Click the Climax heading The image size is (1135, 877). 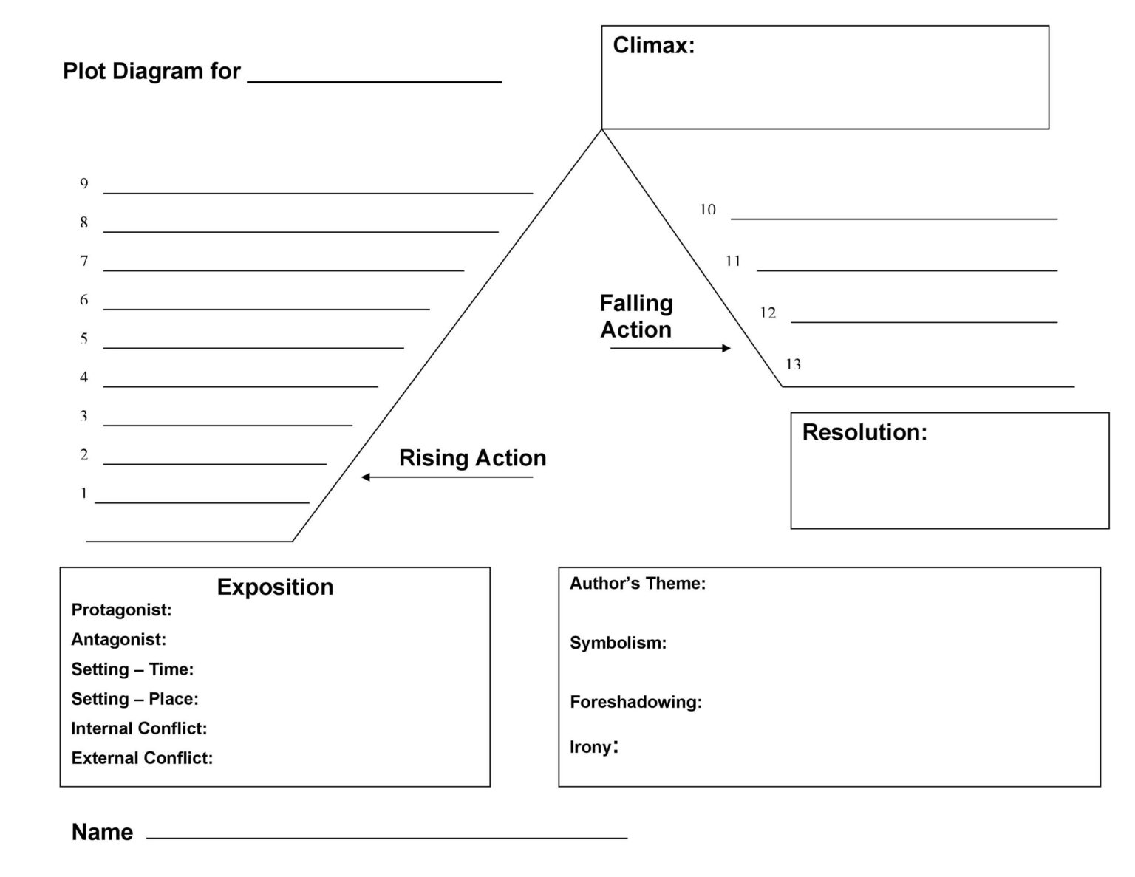point(653,46)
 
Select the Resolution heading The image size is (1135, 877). point(864,432)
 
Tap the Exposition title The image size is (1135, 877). point(275,587)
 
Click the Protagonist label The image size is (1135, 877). point(121,610)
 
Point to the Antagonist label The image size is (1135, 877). point(118,639)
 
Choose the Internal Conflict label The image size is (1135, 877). point(139,728)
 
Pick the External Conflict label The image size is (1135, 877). point(142,758)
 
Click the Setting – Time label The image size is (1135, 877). point(132,669)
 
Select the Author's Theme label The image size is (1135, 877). point(637,584)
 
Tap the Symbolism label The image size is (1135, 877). point(618,643)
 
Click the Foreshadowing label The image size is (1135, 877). point(635,702)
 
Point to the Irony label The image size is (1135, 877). point(593,747)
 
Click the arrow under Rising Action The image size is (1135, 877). point(446,477)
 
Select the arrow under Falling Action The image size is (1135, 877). point(670,348)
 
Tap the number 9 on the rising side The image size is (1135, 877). point(84,184)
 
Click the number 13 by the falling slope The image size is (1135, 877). point(793,364)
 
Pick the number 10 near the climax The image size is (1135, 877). point(708,210)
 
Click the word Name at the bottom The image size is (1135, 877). point(102,832)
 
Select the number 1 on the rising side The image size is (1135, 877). point(84,494)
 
